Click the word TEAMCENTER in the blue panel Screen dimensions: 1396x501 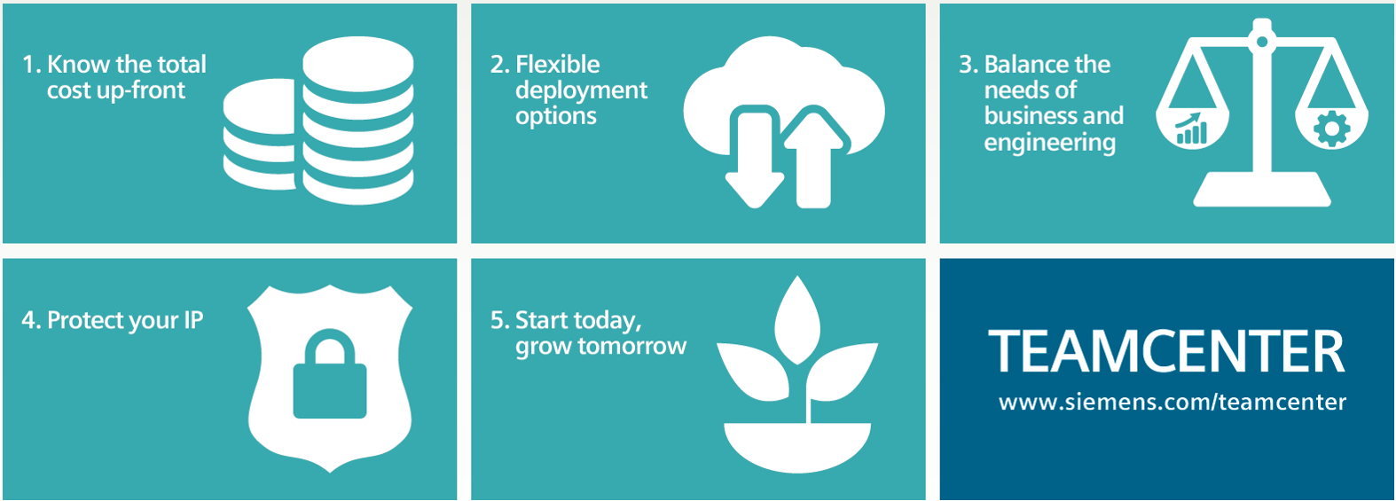pyautogui.click(x=1166, y=351)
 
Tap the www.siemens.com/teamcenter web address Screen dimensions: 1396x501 pyautogui.click(x=1172, y=402)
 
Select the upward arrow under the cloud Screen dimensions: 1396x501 pyautogui.click(x=813, y=158)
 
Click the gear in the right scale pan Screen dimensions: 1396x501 pyautogui.click(x=1332, y=129)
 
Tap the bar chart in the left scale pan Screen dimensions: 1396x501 pyautogui.click(x=1191, y=129)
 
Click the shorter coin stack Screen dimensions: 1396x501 pyautogui.click(x=259, y=135)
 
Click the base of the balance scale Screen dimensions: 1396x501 pyautogui.click(x=1262, y=190)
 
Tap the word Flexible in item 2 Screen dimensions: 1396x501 pyautogui.click(x=558, y=64)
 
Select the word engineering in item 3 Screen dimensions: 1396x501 pyautogui.click(x=1050, y=143)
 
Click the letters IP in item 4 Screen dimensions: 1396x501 pyautogui.click(x=193, y=320)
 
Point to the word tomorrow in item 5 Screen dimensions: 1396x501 pyautogui.click(x=632, y=346)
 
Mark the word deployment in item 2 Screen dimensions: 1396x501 pyautogui.click(x=582, y=91)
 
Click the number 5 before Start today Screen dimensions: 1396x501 pyautogui.click(x=498, y=320)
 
